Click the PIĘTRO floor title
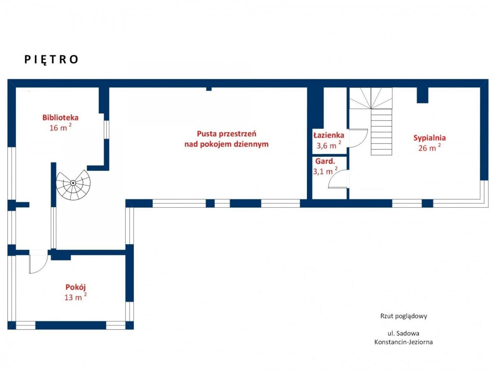click(51, 60)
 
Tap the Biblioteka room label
click(60, 118)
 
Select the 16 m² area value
click(60, 127)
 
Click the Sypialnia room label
click(429, 138)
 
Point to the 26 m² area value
click(429, 148)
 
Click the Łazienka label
click(329, 135)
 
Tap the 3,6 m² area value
click(329, 146)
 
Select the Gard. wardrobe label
click(325, 161)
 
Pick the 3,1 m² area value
click(325, 171)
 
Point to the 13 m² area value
click(76, 297)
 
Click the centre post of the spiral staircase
click(73, 183)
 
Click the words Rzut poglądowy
click(403, 316)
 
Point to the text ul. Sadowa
click(403, 333)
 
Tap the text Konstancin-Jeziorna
click(403, 342)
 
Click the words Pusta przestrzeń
click(226, 134)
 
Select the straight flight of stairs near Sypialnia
click(381, 132)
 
